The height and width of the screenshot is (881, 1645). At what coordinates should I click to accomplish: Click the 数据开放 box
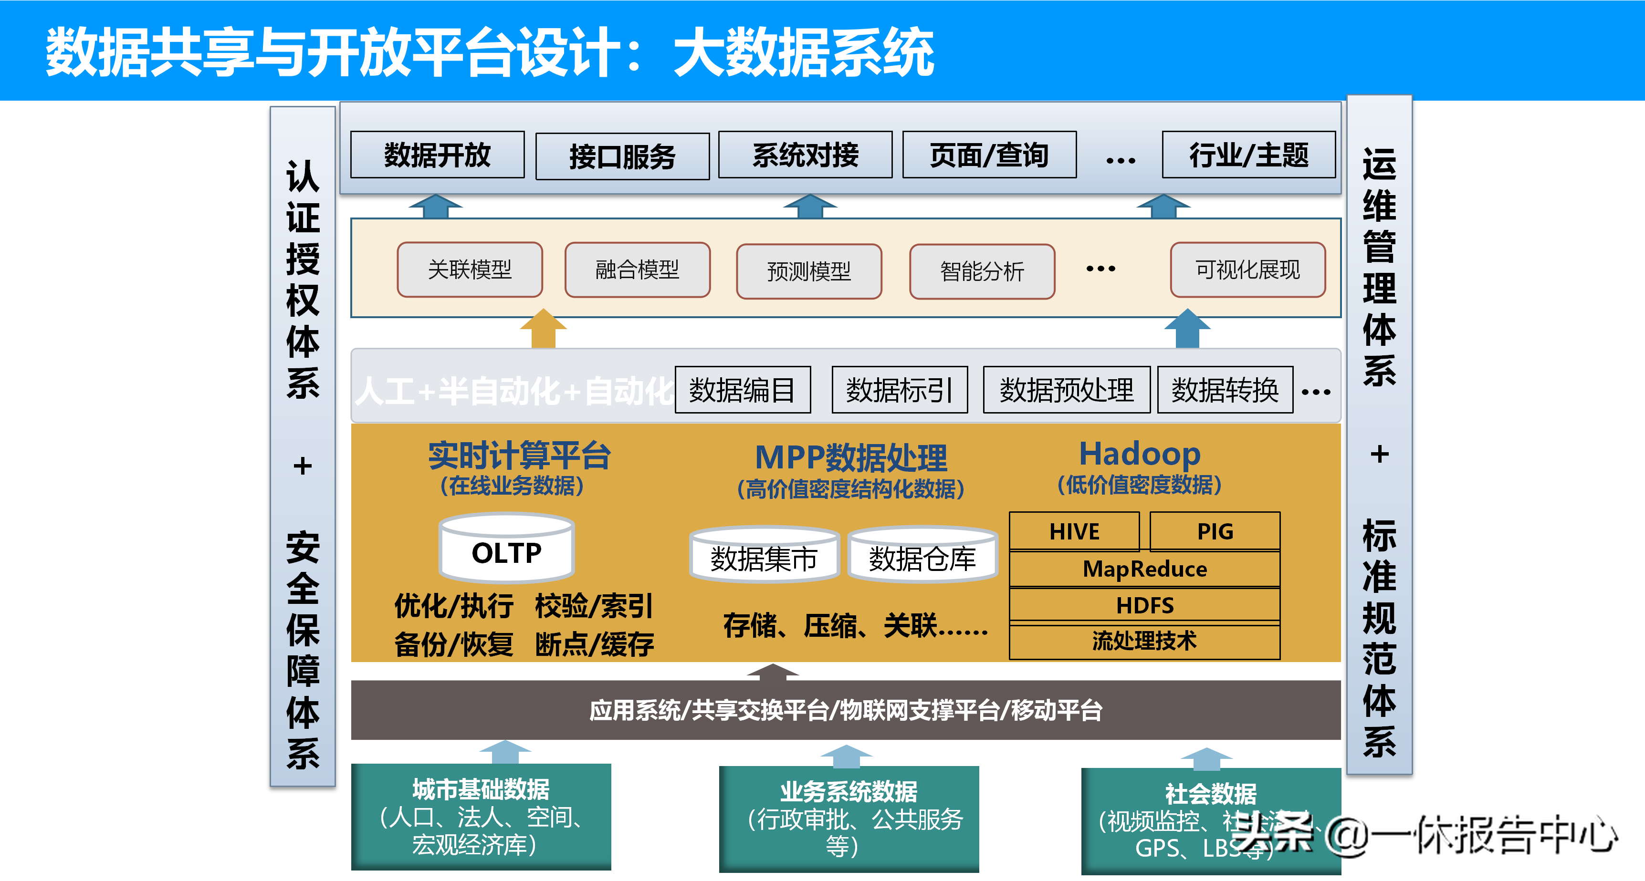[x=438, y=155]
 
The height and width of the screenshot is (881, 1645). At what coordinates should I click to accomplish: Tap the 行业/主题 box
[x=1248, y=155]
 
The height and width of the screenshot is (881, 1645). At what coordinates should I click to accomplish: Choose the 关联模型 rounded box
[x=470, y=270]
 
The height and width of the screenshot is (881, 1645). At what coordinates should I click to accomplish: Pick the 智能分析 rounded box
[x=982, y=272]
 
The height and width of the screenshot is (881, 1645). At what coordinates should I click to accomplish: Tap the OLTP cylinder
[x=507, y=550]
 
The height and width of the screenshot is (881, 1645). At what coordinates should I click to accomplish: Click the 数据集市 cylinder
[x=764, y=557]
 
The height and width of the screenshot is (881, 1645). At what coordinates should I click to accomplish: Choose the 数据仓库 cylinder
[x=922, y=557]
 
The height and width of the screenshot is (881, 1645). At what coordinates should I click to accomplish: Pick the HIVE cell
[x=1074, y=532]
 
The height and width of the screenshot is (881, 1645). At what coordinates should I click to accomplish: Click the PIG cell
[x=1215, y=532]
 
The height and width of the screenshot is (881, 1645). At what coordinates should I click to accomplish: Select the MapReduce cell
[x=1144, y=569]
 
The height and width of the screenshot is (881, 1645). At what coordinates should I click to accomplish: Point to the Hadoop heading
[x=1140, y=455]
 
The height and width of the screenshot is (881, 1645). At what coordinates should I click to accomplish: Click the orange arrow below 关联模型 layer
[x=543, y=329]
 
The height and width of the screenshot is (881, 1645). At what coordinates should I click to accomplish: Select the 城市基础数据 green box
[x=481, y=817]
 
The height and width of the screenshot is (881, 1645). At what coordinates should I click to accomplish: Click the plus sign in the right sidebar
[x=1379, y=455]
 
